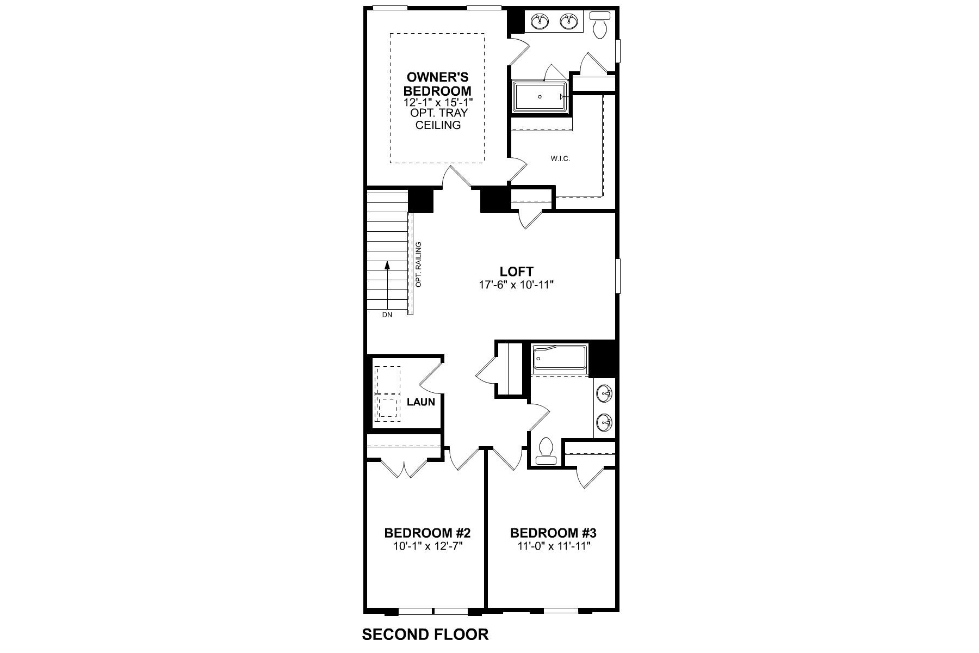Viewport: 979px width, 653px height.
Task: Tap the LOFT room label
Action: tap(516, 271)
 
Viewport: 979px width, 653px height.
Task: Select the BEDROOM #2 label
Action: tap(427, 532)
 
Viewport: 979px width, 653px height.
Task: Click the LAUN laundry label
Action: tap(421, 402)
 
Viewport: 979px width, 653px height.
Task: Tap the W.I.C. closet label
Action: tap(560, 159)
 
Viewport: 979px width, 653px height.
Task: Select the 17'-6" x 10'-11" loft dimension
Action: tap(516, 285)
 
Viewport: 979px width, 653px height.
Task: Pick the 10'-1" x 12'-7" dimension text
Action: tap(427, 546)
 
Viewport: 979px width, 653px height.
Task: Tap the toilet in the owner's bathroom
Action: tap(600, 25)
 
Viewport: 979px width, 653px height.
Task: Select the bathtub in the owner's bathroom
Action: tap(540, 97)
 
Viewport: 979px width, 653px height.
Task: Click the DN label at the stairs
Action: tap(387, 315)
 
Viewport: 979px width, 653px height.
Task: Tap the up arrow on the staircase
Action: tap(387, 266)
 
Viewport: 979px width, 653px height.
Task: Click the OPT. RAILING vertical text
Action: tap(419, 264)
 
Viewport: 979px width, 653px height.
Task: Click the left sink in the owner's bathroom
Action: tap(540, 21)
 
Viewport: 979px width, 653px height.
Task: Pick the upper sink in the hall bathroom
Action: tap(604, 392)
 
